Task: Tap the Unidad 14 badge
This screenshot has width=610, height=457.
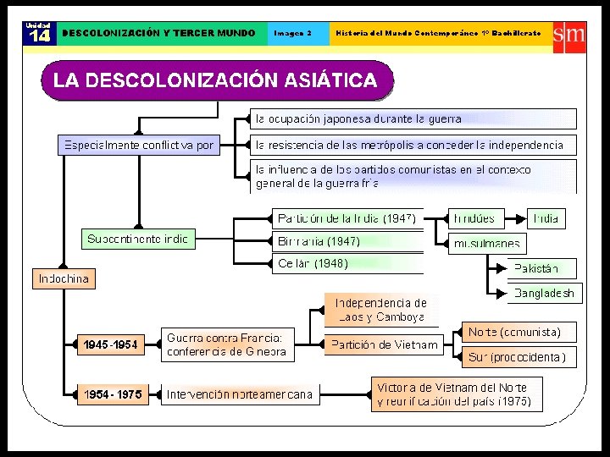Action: (37, 32)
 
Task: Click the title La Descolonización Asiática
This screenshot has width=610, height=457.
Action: (216, 81)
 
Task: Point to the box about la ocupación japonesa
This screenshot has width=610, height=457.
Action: (413, 118)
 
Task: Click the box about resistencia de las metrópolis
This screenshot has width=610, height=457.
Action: (413, 145)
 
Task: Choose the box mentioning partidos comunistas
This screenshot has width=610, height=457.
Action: (413, 176)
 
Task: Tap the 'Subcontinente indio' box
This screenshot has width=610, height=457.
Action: (138, 240)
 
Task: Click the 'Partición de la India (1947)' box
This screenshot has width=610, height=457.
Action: (347, 218)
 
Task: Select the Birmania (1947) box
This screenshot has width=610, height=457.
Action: (347, 241)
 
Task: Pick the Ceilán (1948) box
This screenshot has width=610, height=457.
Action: (347, 264)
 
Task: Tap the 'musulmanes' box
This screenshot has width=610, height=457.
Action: (486, 245)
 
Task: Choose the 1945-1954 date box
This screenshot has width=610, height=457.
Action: (110, 344)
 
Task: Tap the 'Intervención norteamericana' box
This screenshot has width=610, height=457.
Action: (239, 394)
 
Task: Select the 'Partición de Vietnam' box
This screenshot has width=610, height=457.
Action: (384, 344)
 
